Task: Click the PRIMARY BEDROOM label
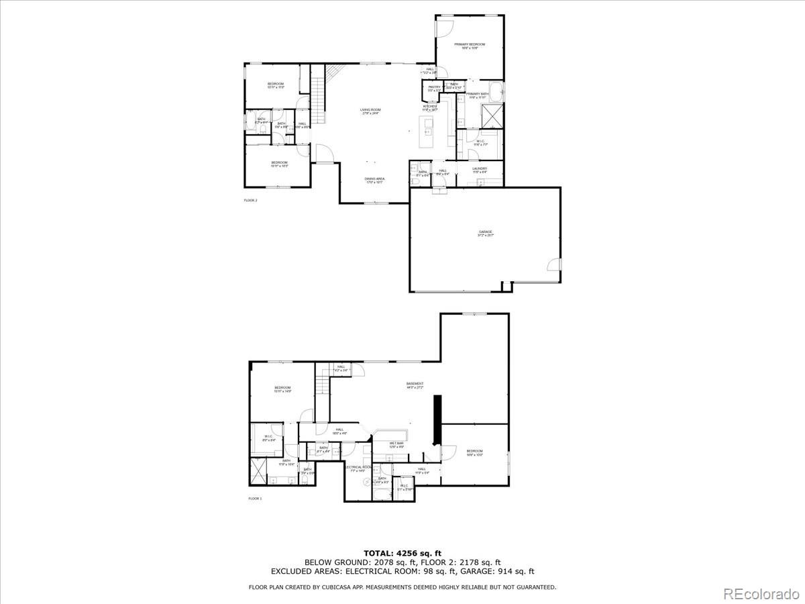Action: pyautogui.click(x=470, y=44)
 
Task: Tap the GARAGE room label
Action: pyautogui.click(x=485, y=232)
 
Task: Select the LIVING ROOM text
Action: pyautogui.click(x=370, y=110)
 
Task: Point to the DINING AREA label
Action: pyautogui.click(x=374, y=179)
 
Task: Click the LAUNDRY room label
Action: pyautogui.click(x=480, y=169)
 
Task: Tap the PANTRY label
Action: pyautogui.click(x=434, y=87)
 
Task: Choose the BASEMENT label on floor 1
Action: pyautogui.click(x=415, y=385)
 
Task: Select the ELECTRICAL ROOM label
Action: pyautogui.click(x=359, y=468)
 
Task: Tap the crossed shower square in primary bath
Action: pyautogui.click(x=493, y=116)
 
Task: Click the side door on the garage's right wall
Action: pyautogui.click(x=554, y=264)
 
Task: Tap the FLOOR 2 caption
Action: pyautogui.click(x=250, y=200)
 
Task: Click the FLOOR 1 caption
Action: pyautogui.click(x=255, y=499)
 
